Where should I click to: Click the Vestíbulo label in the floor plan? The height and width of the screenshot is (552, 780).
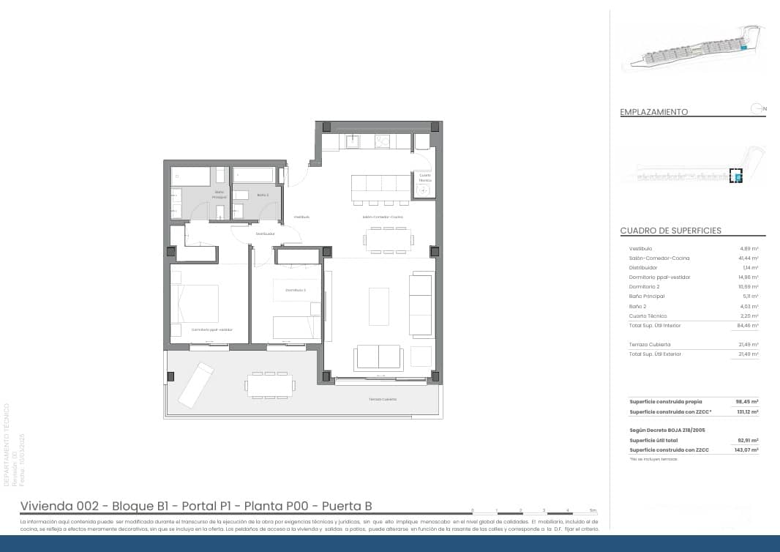(302, 217)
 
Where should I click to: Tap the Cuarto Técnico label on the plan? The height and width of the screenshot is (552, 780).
(425, 177)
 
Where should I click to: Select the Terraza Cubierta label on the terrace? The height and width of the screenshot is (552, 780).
(383, 399)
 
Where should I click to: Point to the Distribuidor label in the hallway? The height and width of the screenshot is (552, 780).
(265, 234)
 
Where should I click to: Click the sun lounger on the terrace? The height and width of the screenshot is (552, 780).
(196, 384)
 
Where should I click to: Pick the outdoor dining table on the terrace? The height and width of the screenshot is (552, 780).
(270, 385)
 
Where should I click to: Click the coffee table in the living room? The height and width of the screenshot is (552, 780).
(378, 306)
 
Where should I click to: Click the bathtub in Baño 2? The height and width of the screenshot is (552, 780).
(254, 175)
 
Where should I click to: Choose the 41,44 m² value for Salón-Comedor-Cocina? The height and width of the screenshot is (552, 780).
(749, 258)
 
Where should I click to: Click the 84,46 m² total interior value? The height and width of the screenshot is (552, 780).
(749, 325)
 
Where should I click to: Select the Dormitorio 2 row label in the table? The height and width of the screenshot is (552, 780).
(645, 287)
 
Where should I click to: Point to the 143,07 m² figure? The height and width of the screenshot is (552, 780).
(746, 450)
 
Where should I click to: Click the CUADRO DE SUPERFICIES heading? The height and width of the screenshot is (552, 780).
(670, 231)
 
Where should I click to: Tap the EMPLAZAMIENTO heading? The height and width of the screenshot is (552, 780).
(653, 112)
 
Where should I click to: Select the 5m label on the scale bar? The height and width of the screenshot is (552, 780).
(593, 510)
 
